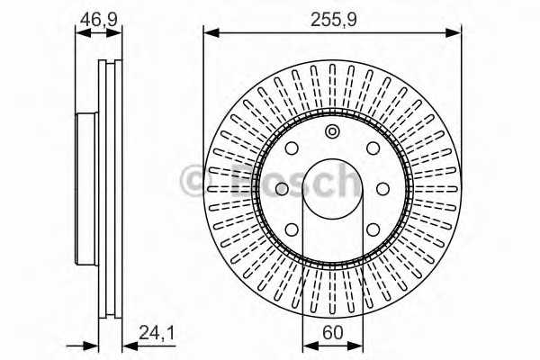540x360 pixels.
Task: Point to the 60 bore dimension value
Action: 332,330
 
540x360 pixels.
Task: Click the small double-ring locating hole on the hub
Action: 332,133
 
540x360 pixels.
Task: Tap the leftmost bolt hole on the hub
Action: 280,188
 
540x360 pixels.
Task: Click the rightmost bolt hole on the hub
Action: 383,188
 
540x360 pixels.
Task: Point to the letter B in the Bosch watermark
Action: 232,183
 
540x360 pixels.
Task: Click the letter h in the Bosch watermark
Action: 345,181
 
